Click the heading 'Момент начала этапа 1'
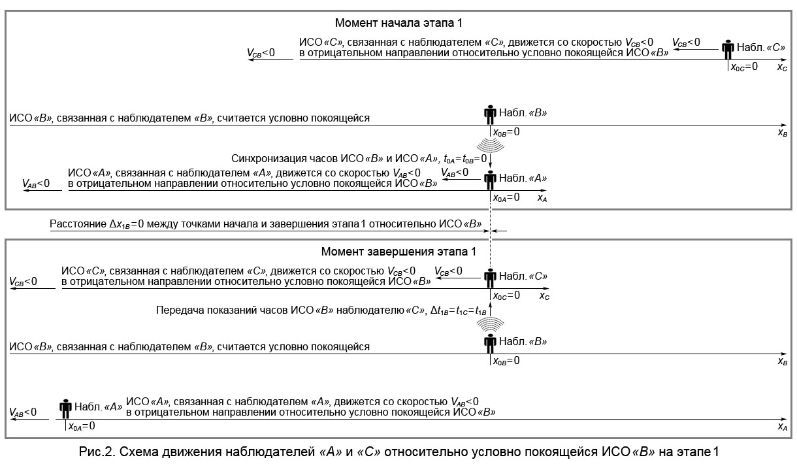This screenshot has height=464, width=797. tap(398, 23)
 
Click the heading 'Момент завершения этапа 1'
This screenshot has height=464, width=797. tap(398, 251)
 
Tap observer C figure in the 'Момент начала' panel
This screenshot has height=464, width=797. tap(728, 50)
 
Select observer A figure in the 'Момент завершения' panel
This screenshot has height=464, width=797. tap(65, 409)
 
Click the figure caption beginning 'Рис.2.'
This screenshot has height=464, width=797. tap(398, 451)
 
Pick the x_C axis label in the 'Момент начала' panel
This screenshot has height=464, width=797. tap(781, 67)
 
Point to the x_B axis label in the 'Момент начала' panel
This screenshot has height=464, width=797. tap(781, 132)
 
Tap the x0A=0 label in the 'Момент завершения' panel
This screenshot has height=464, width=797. tap(82, 426)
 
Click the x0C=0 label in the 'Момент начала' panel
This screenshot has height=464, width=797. tap(744, 67)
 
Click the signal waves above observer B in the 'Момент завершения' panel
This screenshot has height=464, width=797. tap(490, 325)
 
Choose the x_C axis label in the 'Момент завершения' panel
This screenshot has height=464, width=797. tap(544, 295)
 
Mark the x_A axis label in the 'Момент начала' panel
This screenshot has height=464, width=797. tap(542, 197)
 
